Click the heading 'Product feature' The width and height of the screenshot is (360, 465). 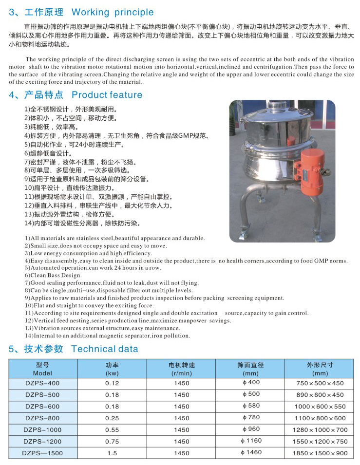pos(107,95)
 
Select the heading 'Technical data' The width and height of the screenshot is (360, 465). pos(104,349)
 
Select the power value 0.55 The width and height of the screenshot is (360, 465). pos(112,429)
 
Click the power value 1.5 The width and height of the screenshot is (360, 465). pos(112,453)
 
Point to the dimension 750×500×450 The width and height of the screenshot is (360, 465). pos(320,383)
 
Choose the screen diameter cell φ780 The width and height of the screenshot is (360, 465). pos(251,418)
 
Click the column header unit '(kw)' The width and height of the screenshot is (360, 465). pos(112,373)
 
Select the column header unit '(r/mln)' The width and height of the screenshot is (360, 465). pos(181,373)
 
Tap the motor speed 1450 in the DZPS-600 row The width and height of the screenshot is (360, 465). pos(181,406)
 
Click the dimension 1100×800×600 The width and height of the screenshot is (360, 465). pos(320,418)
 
